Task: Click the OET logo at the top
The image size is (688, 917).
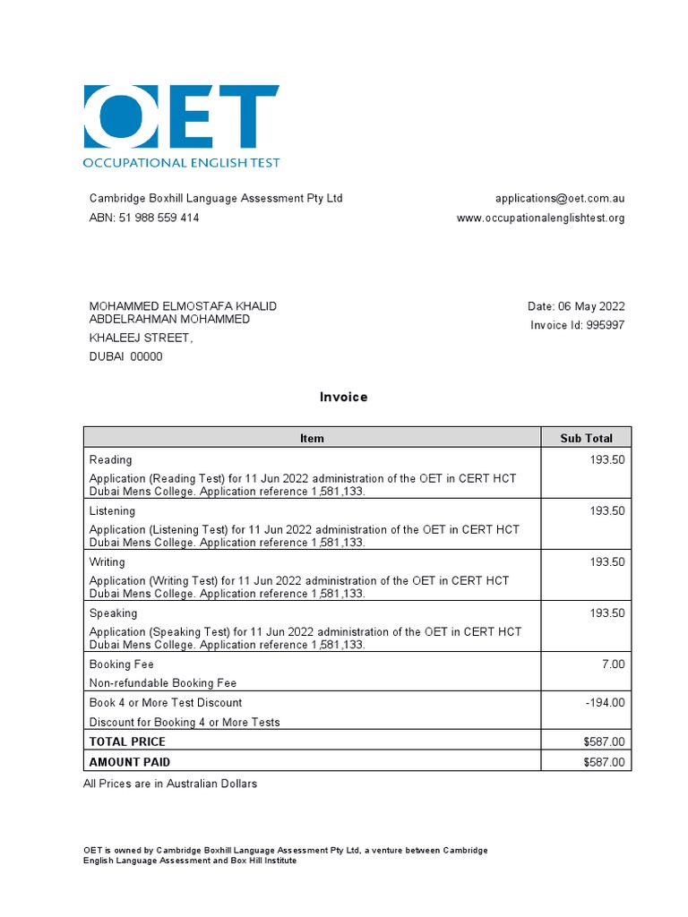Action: pos(181,126)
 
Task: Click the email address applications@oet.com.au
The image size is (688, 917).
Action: pos(560,198)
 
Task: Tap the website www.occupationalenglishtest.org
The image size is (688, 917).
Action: pos(540,218)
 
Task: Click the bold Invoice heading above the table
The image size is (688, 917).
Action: pos(344,397)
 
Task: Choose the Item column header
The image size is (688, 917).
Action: pos(312,438)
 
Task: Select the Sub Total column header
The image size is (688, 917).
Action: pos(586,438)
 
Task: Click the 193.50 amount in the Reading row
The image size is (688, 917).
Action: pos(606,459)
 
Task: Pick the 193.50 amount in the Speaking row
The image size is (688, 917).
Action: pos(606,613)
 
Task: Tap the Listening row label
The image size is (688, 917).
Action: pos(112,510)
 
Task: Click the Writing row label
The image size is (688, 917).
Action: pos(107,562)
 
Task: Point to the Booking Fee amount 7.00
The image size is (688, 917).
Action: pos(614,664)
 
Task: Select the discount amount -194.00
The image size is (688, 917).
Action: pos(605,703)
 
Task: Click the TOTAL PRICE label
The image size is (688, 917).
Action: pos(127,741)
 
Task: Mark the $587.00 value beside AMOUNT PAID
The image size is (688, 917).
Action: pos(603,762)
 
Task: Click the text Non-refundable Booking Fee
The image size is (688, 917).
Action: pos(163,683)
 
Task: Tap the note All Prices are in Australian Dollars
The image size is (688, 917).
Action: pos(170,784)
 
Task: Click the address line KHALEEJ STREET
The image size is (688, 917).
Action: pos(141,338)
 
